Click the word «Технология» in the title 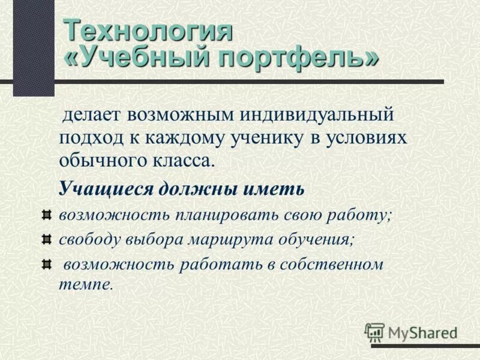(147, 31)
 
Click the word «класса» (181, 160)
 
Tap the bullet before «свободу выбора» (47, 239)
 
